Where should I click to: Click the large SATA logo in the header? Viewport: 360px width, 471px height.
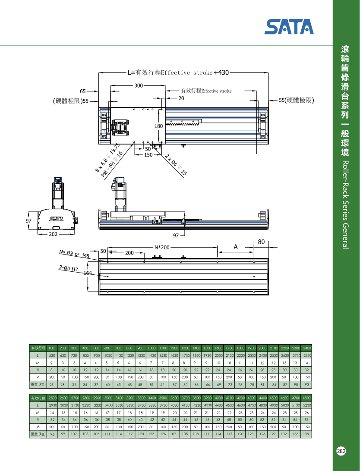click(x=289, y=27)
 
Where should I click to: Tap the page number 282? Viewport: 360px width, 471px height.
click(x=341, y=451)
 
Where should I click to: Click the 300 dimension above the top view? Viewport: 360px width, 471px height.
click(x=138, y=86)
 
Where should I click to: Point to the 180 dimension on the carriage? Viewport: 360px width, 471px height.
click(x=158, y=126)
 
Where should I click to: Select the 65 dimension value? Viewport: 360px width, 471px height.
click(x=83, y=91)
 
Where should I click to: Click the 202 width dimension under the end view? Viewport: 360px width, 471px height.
click(x=53, y=234)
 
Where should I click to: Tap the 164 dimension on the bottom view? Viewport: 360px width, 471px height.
click(x=88, y=273)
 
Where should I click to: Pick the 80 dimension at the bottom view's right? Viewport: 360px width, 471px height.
click(x=261, y=242)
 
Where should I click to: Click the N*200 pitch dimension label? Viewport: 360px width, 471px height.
click(x=162, y=248)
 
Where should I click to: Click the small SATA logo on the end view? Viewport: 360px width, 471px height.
click(x=56, y=219)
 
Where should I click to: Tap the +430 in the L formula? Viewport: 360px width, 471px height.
click(x=221, y=72)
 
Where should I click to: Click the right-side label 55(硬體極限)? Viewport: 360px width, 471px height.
click(x=296, y=100)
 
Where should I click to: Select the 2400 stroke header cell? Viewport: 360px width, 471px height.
click(x=306, y=348)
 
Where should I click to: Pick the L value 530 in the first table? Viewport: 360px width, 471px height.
click(x=51, y=355)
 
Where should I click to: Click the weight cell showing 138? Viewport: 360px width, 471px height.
click(x=306, y=434)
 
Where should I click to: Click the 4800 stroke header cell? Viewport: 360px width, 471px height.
click(x=306, y=397)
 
